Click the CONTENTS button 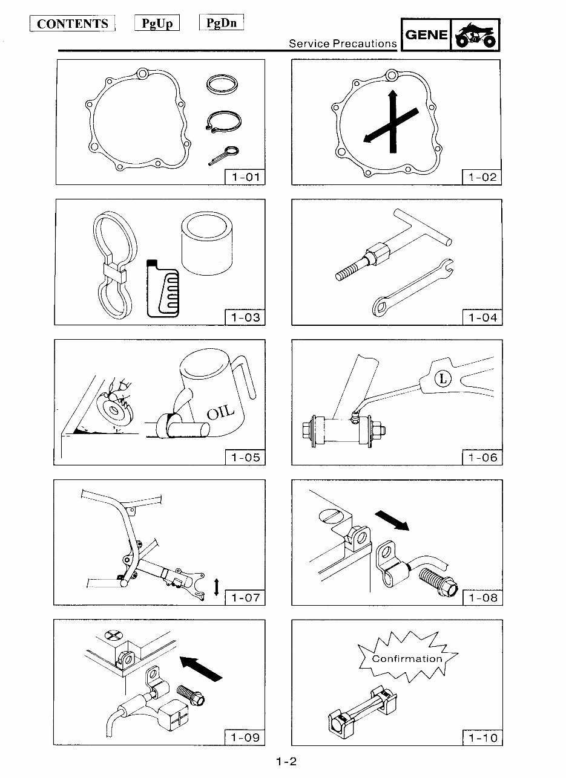[72, 24]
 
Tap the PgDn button [222, 24]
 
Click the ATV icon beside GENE [476, 36]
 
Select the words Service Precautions [343, 44]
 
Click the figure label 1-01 [245, 178]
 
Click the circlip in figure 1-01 [222, 123]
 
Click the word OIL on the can [221, 412]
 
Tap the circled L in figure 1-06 [444, 380]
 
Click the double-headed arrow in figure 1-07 [217, 587]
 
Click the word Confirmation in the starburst [407, 659]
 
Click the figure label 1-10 [482, 738]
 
